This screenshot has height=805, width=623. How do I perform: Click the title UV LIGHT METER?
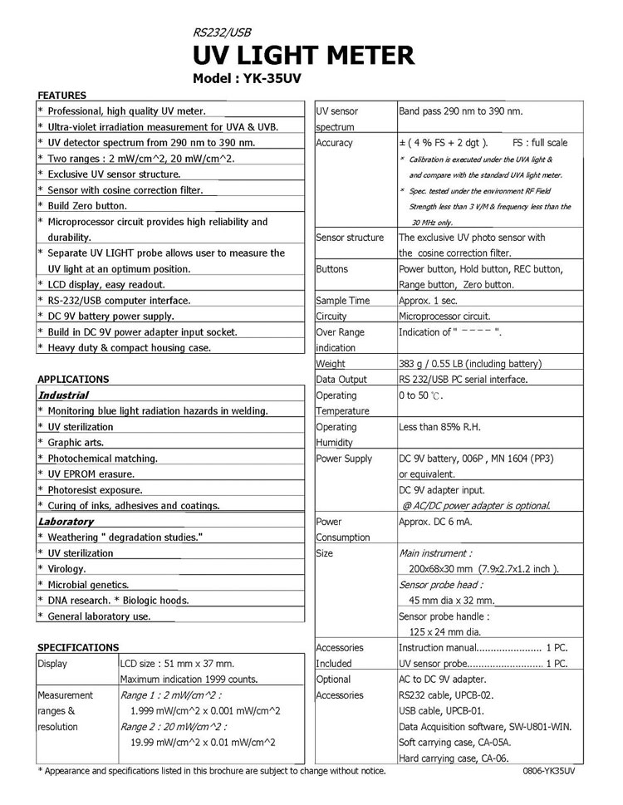tap(302, 56)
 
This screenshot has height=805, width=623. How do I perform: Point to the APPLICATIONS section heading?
tap(73, 379)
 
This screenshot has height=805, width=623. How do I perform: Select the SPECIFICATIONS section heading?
tap(79, 647)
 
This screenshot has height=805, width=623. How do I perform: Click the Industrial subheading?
tap(62, 395)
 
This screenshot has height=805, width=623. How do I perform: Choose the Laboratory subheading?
tap(66, 522)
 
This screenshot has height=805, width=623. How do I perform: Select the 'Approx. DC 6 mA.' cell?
tap(436, 522)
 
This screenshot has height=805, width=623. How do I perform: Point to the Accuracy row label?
tap(335, 143)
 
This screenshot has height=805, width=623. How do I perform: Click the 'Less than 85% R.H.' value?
tap(440, 427)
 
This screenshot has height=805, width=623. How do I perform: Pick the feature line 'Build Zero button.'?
tap(87, 206)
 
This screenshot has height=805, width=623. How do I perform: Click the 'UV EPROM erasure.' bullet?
tap(91, 474)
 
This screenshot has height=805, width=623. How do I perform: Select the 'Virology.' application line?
tap(67, 569)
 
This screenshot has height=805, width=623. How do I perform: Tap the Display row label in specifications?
tap(52, 664)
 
